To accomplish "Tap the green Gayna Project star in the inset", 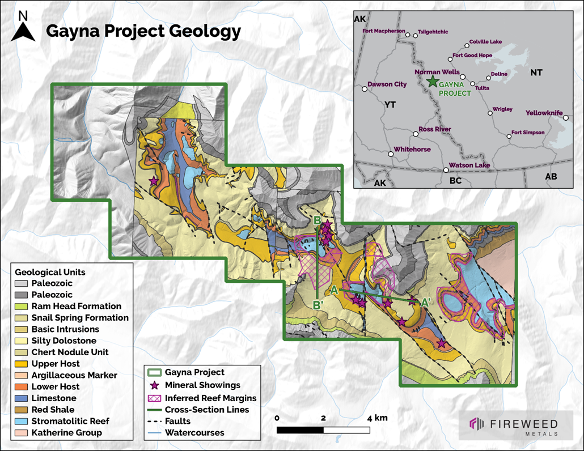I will click(x=433, y=81).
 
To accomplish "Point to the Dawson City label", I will click(x=387, y=84).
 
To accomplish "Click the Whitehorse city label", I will click(x=412, y=150).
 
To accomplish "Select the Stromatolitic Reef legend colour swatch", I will click(x=22, y=421).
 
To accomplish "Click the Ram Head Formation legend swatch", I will click(x=22, y=306).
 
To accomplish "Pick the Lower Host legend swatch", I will click(x=22, y=386).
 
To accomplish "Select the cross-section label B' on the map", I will click(x=318, y=304).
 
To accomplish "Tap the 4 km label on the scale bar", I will click(x=377, y=418).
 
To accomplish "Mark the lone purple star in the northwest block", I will click(x=153, y=181).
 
